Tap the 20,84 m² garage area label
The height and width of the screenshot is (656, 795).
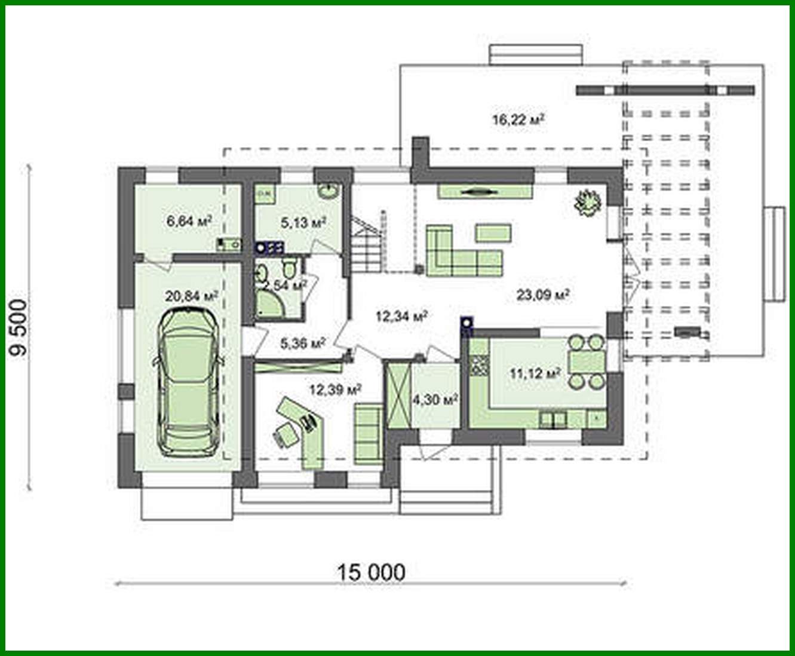coord(191,296)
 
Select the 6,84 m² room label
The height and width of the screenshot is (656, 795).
coord(189,222)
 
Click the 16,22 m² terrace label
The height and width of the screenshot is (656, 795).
coord(517,119)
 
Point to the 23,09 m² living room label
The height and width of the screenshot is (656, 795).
coord(542,295)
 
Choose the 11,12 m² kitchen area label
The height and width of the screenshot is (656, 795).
coord(535,374)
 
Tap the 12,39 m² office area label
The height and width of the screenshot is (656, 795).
coord(335,390)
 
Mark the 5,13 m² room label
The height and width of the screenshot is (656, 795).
coord(303,223)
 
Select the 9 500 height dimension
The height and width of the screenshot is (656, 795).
coord(20,327)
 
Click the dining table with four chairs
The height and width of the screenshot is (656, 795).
coord(586,362)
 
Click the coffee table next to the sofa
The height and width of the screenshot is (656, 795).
coord(493,232)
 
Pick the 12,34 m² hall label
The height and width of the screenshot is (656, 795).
coord(401,316)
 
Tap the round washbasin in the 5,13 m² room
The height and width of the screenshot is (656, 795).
coord(327,191)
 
